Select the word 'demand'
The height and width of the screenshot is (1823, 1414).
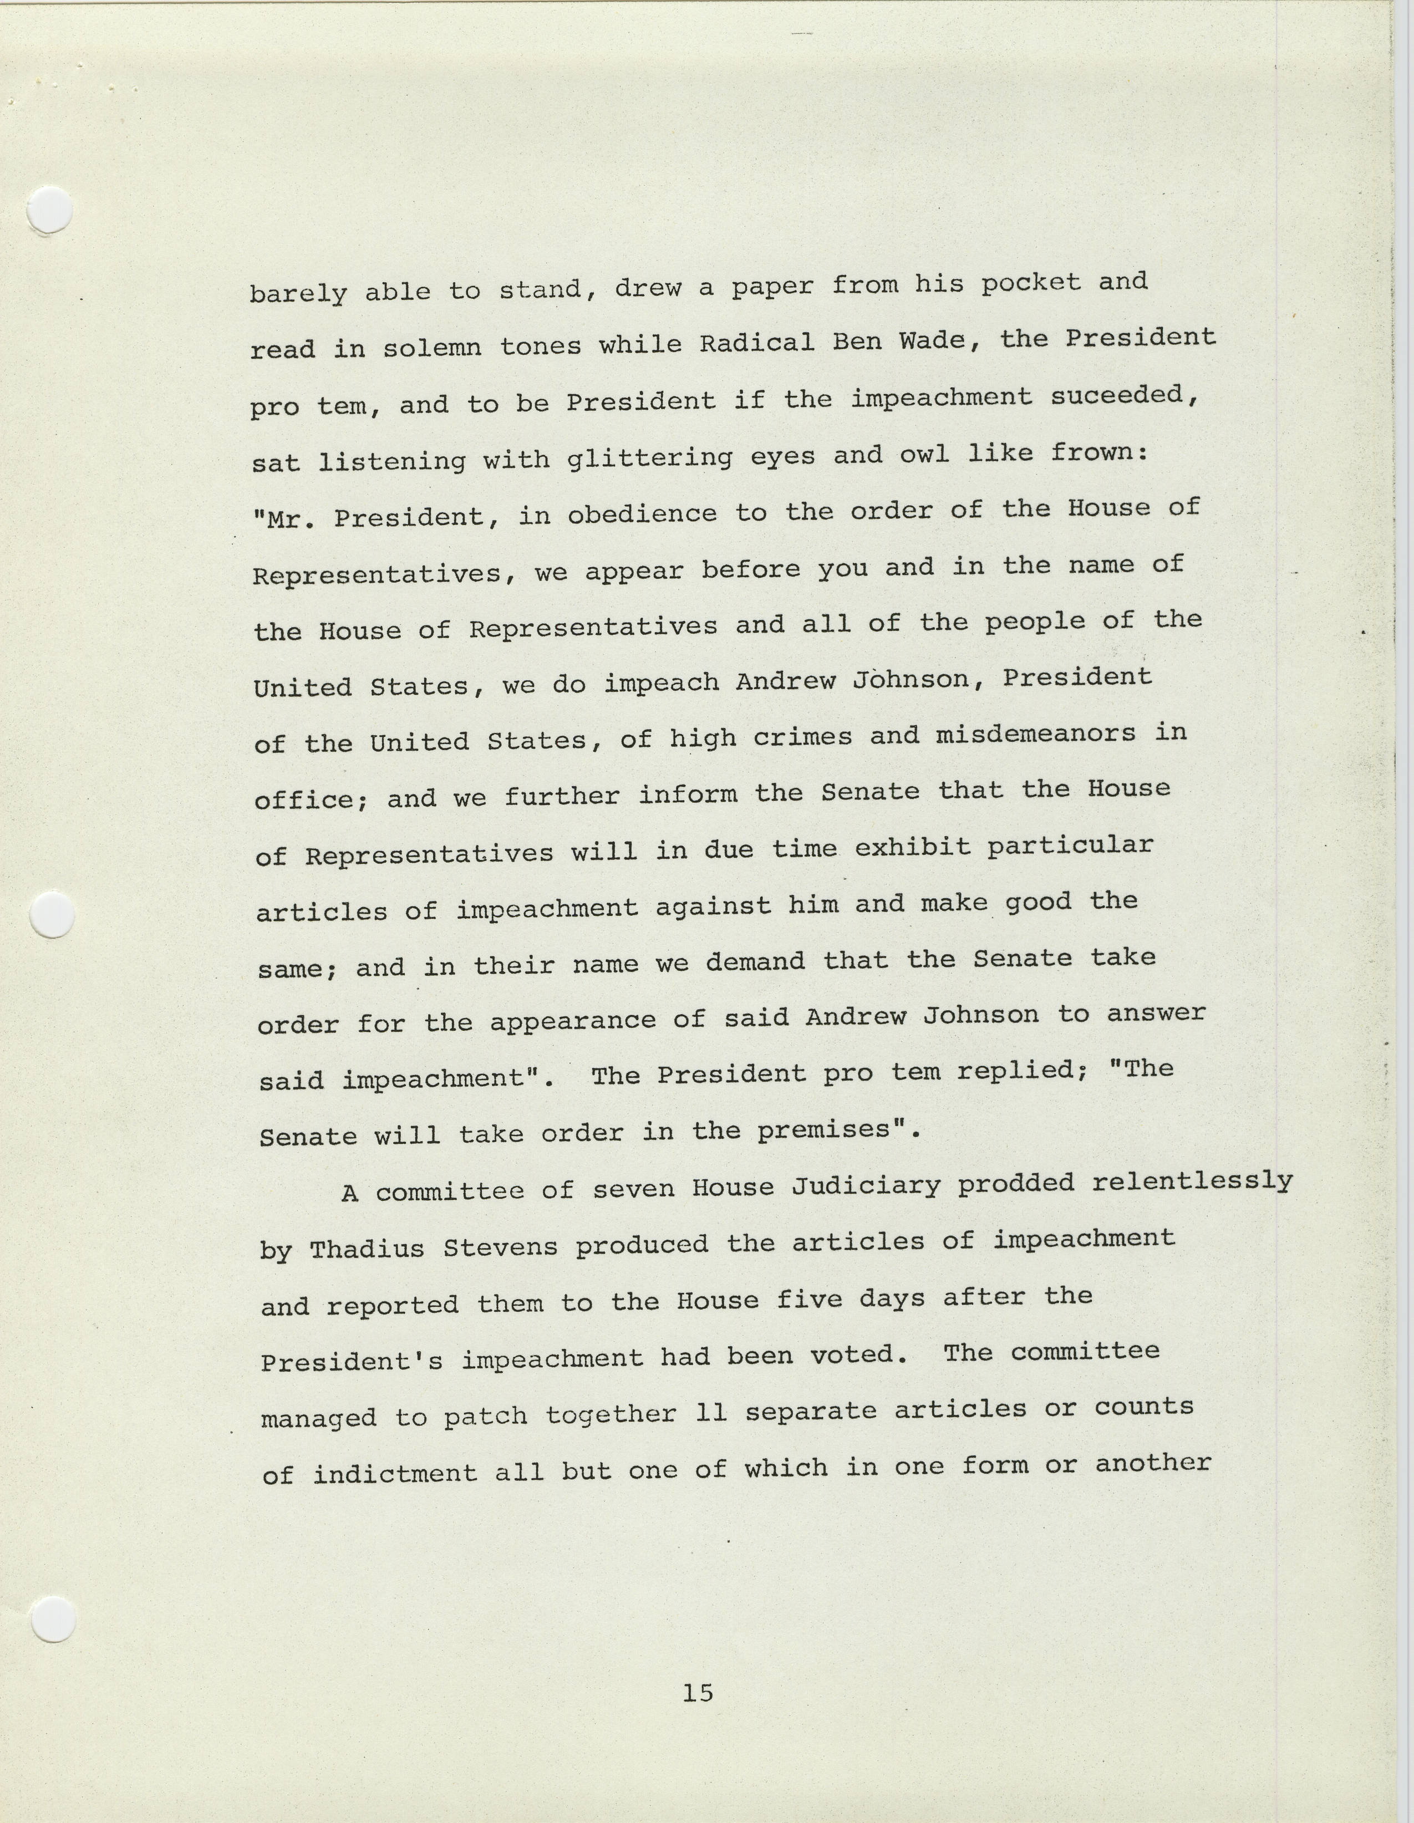click(755, 961)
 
